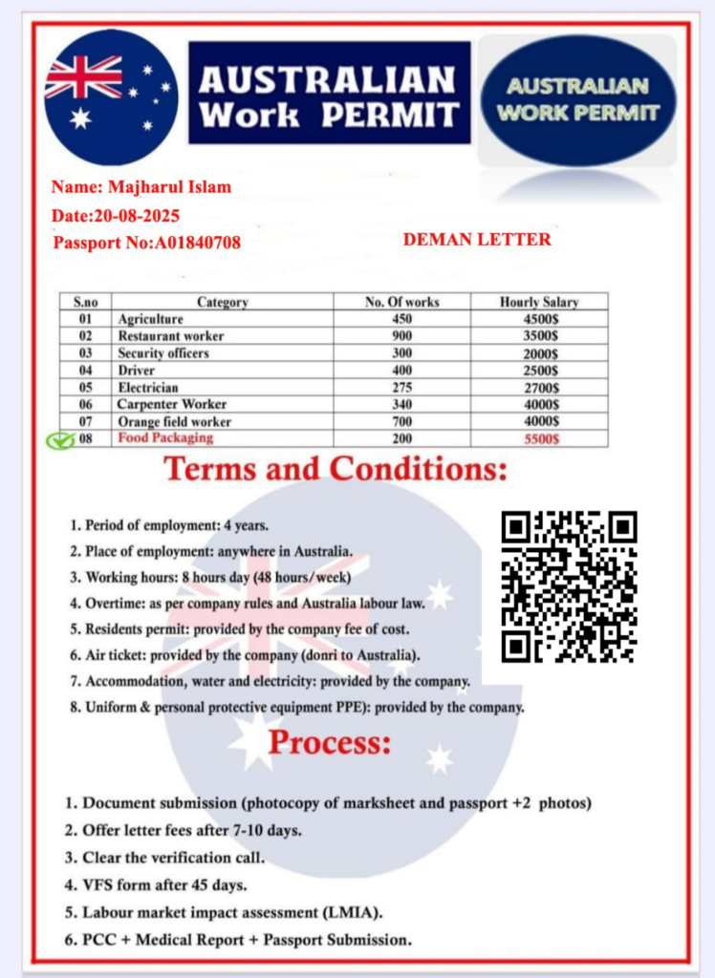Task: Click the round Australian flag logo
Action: point(110,96)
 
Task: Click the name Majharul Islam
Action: point(141,187)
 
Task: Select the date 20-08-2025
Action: point(116,215)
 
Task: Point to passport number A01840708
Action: point(146,243)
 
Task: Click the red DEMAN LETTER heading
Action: point(477,240)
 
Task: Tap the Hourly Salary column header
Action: point(539,302)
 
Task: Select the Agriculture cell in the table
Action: point(150,319)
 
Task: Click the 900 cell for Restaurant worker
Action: point(401,336)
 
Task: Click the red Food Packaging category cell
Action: point(165,437)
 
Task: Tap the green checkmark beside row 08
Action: point(60,440)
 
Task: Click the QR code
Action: point(569,586)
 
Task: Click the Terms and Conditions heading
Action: point(335,470)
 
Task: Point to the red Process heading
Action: point(330,742)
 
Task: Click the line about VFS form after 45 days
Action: point(156,884)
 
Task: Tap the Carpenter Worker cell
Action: point(172,405)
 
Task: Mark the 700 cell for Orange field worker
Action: point(401,422)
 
